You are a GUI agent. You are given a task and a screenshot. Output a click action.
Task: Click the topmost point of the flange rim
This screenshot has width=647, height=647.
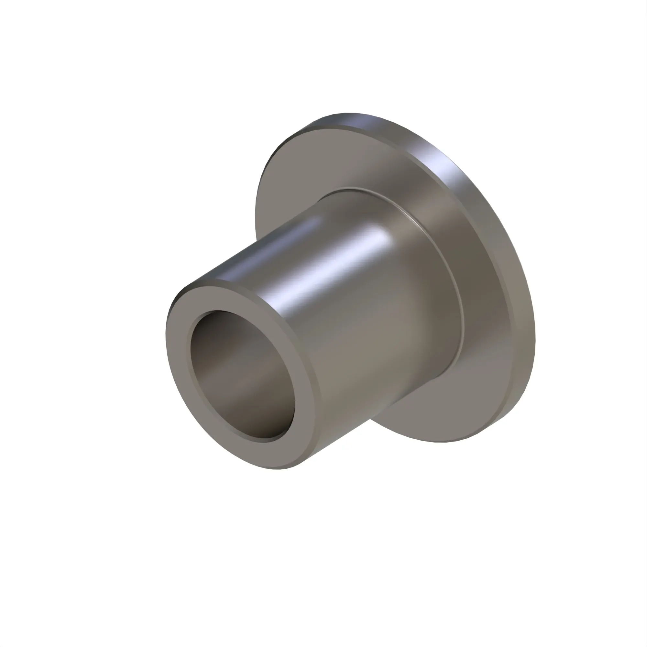coord(348,113)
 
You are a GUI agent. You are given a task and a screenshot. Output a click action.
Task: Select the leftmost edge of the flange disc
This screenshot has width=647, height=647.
coord(255,214)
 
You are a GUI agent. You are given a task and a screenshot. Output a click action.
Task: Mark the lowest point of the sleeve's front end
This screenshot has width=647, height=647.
coord(278,469)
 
